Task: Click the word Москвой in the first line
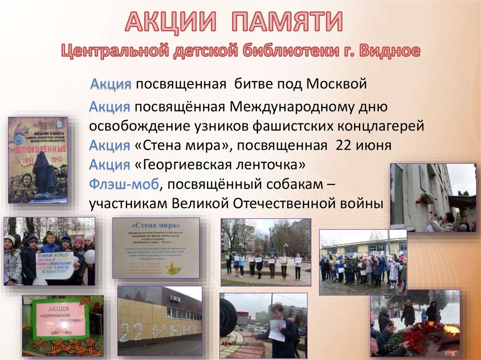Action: coord(336,84)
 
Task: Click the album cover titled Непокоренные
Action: coord(38,160)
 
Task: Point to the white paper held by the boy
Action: coord(277,330)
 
